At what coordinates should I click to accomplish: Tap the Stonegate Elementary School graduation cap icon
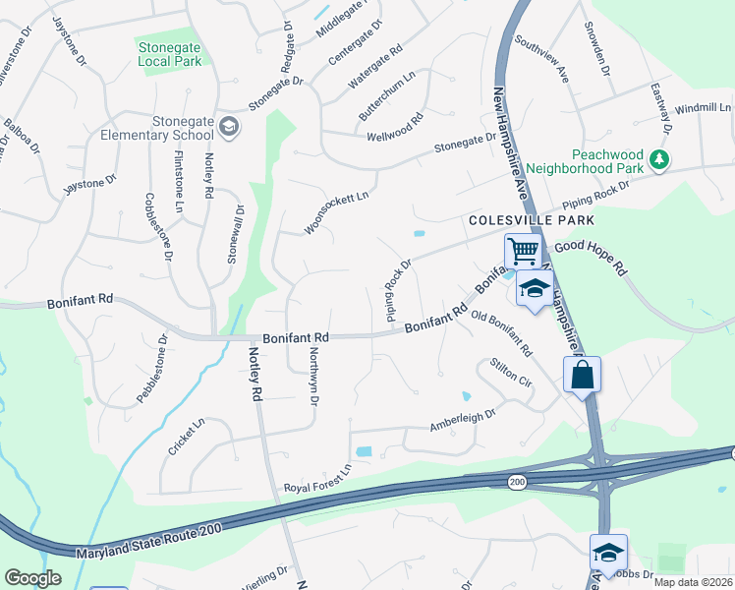point(229,127)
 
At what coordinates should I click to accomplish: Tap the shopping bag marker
point(582,374)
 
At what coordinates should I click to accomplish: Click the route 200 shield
point(516,482)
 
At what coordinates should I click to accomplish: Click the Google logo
point(32,577)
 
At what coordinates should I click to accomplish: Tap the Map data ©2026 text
point(694,582)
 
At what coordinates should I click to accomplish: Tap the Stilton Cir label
point(511,375)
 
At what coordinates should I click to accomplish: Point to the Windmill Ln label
point(704,107)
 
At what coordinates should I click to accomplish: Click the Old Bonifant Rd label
point(501,333)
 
